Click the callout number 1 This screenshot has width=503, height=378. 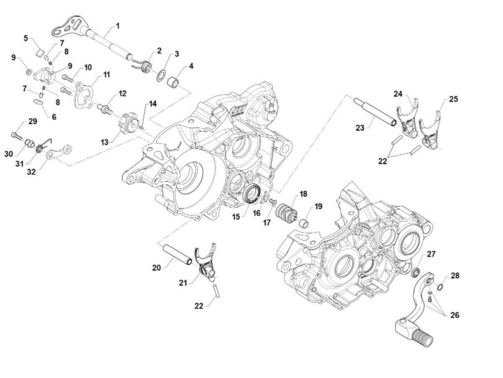[x=118, y=26]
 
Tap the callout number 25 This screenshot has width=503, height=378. [x=453, y=99]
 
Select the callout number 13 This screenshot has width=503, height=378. [x=104, y=142]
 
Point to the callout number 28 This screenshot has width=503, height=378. [x=455, y=276]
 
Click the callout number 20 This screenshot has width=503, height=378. [x=156, y=267]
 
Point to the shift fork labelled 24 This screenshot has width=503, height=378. [x=407, y=119]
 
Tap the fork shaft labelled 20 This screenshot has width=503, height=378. [x=178, y=255]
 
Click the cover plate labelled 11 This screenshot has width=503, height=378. [x=86, y=95]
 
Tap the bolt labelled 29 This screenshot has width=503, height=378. [x=16, y=136]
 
